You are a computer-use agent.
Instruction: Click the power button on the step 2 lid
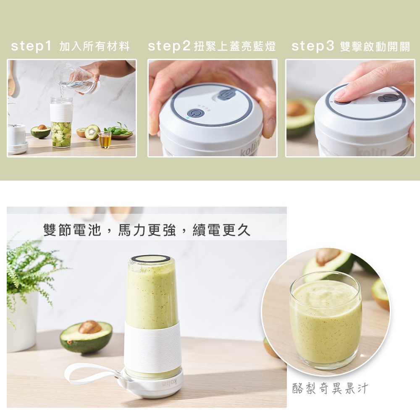point(196,114)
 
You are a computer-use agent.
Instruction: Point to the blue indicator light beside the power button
point(187,118)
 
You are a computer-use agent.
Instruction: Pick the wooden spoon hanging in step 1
point(11,78)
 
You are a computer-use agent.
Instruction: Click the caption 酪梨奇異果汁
point(330,388)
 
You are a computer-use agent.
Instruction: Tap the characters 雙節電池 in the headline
point(72,230)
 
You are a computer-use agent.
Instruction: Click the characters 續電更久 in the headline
point(221,230)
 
